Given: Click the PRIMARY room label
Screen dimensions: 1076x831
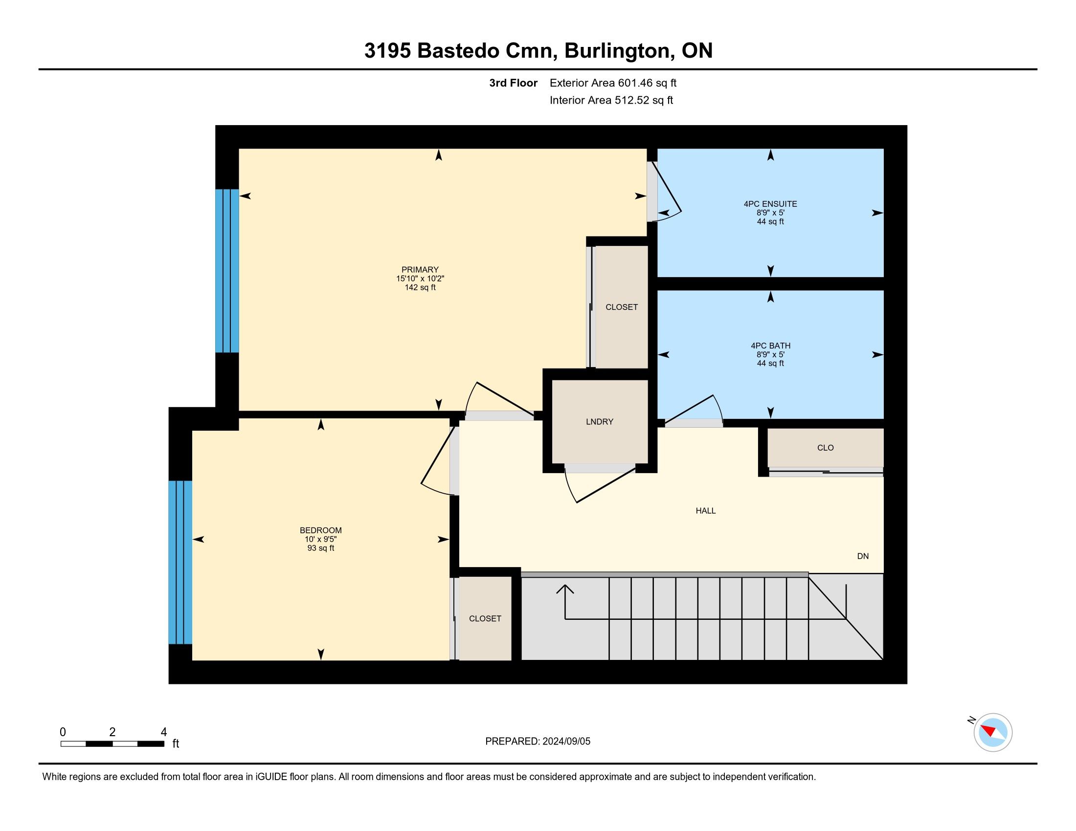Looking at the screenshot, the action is (420, 270).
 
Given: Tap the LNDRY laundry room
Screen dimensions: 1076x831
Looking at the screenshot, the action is (600, 422).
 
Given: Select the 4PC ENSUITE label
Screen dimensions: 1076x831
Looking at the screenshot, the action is (770, 204).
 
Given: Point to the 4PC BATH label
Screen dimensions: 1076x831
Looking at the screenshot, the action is (770, 346).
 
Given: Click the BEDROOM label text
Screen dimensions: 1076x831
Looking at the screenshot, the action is (321, 530).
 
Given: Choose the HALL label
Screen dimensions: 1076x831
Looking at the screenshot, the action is (705, 511).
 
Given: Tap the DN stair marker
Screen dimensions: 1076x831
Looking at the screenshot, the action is (863, 556).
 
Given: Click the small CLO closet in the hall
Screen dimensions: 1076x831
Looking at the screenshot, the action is (825, 447).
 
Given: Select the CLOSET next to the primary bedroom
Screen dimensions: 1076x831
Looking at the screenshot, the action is (621, 306).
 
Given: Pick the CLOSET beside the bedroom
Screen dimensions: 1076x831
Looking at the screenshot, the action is (485, 618).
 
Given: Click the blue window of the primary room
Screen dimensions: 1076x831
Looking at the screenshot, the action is (227, 271).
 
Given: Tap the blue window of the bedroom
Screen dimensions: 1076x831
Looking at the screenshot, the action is (180, 562).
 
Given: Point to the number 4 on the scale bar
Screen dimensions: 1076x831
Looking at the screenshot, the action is (164, 732).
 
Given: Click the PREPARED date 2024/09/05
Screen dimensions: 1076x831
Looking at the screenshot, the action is (566, 742).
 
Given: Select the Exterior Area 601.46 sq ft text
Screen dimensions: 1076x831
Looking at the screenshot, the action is (613, 83).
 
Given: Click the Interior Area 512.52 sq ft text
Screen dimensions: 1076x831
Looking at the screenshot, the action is (611, 100).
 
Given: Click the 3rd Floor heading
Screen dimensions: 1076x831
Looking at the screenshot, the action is (513, 83).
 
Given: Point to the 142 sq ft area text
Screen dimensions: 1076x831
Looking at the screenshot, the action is (420, 287).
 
